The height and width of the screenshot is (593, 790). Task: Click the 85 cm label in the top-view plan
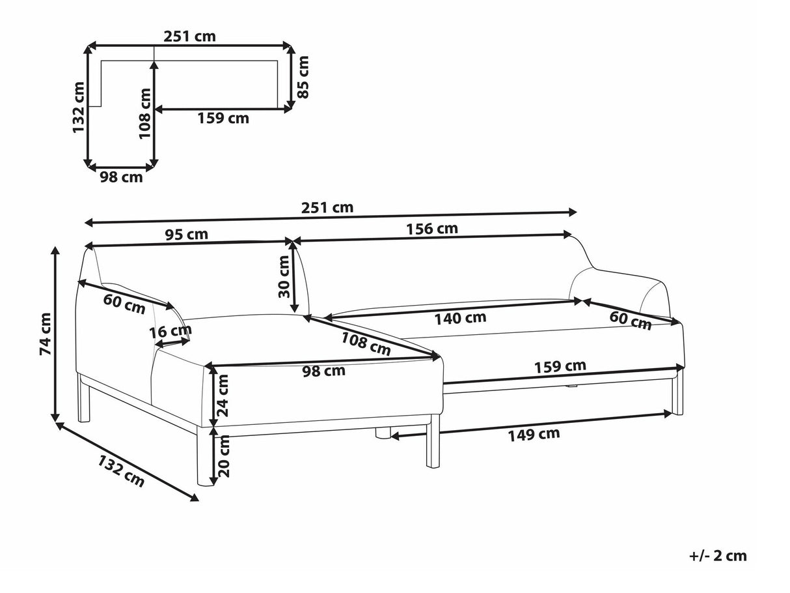(x=303, y=76)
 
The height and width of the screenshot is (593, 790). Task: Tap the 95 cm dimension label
(x=187, y=235)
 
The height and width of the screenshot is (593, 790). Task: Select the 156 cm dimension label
(x=432, y=229)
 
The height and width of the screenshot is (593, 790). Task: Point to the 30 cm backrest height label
(x=284, y=276)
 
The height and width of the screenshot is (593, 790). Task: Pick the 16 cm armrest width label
(x=171, y=331)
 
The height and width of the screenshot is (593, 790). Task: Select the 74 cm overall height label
(x=45, y=334)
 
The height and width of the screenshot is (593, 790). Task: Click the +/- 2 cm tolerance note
(x=718, y=556)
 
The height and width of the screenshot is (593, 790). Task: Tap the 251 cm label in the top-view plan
(x=190, y=36)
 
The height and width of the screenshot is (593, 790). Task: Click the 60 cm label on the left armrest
(x=124, y=304)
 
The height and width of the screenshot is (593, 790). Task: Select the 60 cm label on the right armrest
(x=631, y=319)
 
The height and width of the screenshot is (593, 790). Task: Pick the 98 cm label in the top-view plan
(x=121, y=177)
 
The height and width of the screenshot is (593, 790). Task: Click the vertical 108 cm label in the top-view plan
(x=144, y=113)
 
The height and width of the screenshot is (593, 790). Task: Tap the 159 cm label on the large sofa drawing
(x=560, y=366)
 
